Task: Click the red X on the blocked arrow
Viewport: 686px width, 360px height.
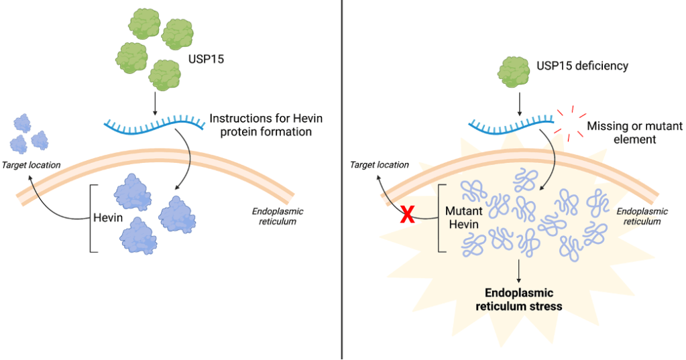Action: [407, 215]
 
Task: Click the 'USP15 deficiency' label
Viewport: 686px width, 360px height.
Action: [582, 66]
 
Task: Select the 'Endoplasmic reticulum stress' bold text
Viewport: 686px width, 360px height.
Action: [519, 300]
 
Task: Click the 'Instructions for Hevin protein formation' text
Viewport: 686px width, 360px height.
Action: [266, 125]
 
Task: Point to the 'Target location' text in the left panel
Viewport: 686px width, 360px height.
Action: [31, 164]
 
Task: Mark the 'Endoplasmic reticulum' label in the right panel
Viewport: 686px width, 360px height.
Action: [642, 216]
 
